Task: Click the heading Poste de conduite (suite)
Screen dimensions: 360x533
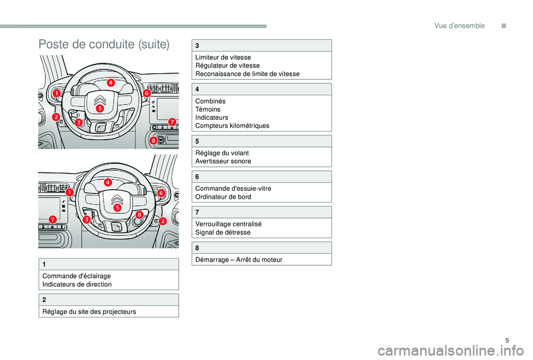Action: click(x=104, y=45)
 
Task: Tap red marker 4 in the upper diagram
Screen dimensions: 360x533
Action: click(x=111, y=82)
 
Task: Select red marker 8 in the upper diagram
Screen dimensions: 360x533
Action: click(x=153, y=141)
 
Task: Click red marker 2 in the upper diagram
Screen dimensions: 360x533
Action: click(x=57, y=117)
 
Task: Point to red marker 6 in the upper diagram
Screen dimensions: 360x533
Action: click(x=147, y=94)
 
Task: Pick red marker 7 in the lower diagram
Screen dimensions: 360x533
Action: click(x=52, y=220)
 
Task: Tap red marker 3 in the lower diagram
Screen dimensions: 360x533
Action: click(x=87, y=220)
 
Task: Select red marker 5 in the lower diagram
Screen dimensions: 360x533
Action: click(x=118, y=207)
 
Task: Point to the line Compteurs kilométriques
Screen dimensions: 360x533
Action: click(x=233, y=125)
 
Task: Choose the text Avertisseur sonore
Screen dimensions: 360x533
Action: click(x=223, y=161)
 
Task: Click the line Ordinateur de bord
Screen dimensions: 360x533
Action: click(x=223, y=196)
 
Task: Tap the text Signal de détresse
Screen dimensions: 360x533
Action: click(x=223, y=232)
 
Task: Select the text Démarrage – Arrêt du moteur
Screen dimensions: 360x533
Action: click(x=239, y=260)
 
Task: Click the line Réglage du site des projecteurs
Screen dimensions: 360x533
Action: click(x=89, y=311)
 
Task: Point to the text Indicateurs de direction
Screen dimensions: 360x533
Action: click(x=77, y=284)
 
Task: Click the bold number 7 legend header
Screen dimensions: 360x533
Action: click(x=197, y=212)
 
